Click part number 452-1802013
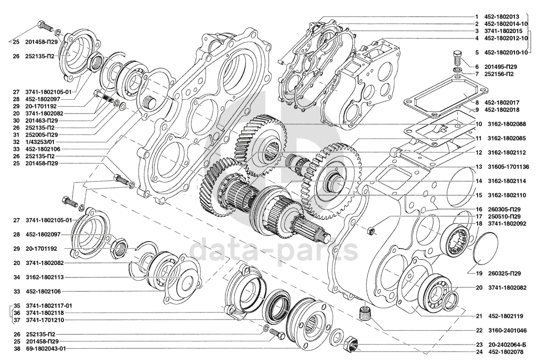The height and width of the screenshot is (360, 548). point(502,17)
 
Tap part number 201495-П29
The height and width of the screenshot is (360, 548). point(501,67)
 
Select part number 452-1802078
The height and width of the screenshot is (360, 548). point(506,352)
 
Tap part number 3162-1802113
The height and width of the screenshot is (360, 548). point(44,277)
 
